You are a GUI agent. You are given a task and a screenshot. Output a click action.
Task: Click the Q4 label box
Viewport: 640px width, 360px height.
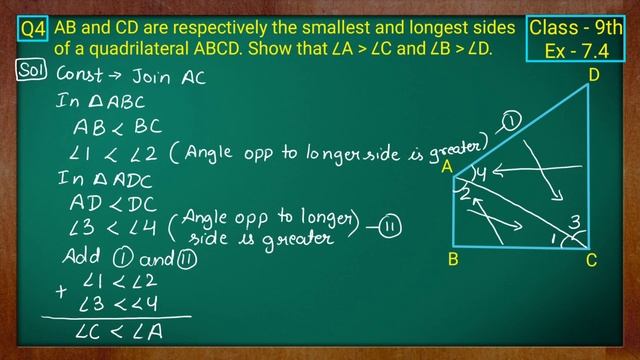coord(33,31)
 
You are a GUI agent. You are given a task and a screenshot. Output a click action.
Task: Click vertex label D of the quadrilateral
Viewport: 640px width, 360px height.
coord(594,74)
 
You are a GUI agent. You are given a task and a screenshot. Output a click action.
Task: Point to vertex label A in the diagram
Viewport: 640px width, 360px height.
coord(448,167)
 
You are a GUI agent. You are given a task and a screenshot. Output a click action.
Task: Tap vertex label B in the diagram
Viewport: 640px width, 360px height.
coord(454,262)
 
